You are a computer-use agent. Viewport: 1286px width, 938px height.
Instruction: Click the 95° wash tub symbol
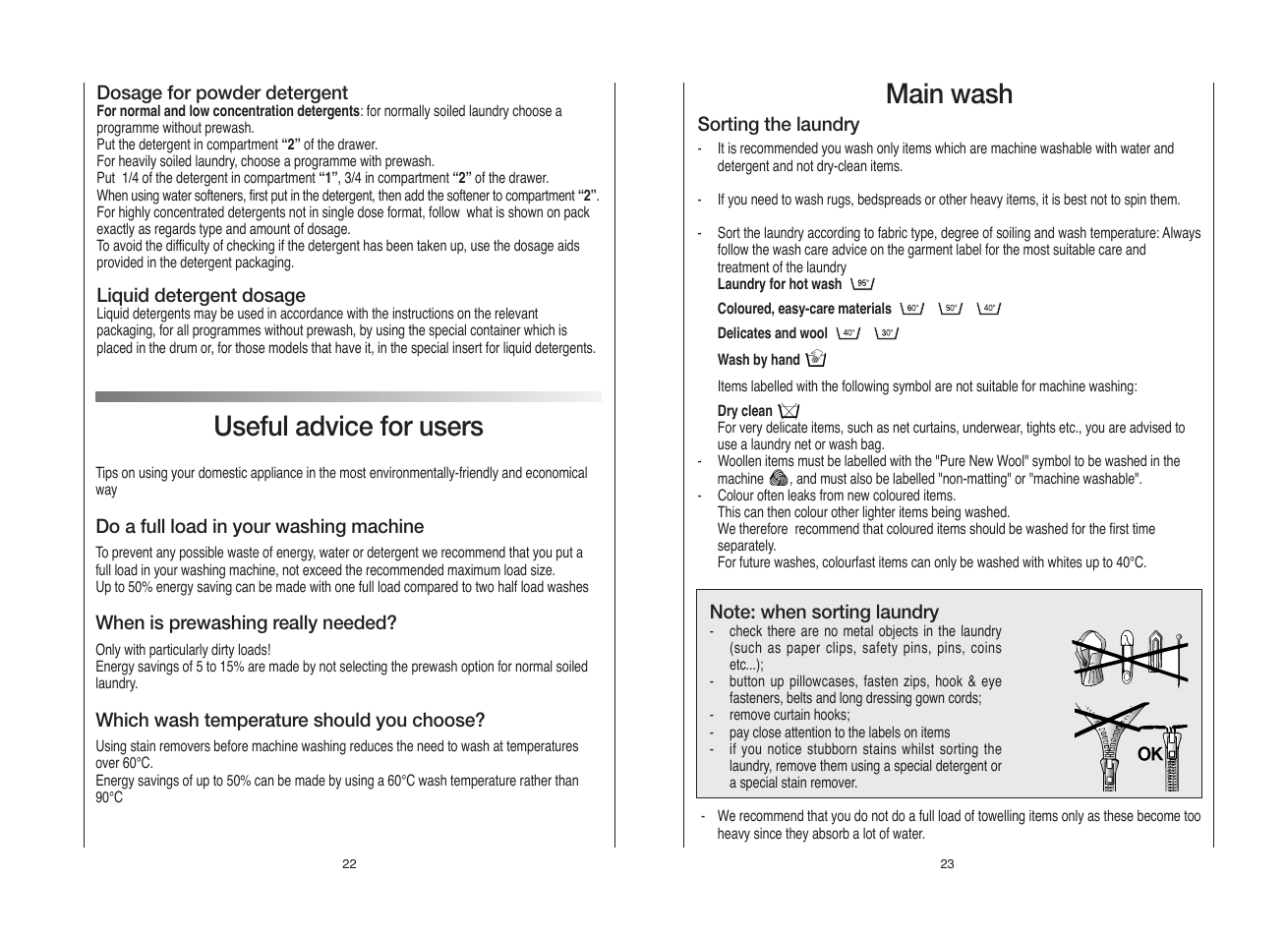(862, 284)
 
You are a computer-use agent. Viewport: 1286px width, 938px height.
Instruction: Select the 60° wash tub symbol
(912, 309)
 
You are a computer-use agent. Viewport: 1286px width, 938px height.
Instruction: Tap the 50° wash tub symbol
(951, 309)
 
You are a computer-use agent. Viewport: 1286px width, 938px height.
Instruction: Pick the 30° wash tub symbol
(887, 333)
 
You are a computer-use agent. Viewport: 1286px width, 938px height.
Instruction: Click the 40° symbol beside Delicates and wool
(848, 333)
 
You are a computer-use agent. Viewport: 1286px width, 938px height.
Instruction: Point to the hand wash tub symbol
(815, 360)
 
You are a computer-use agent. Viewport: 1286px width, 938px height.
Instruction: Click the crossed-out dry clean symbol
(788, 411)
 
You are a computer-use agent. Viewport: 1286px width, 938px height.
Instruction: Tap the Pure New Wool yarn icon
(779, 479)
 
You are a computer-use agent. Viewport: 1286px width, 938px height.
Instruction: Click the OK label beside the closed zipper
(1149, 754)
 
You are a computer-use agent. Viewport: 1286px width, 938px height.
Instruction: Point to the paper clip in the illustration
(1155, 654)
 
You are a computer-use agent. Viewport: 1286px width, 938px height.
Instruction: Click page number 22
(349, 864)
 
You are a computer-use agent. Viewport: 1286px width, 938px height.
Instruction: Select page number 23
(947, 864)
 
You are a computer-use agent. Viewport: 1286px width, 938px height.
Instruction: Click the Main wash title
(948, 94)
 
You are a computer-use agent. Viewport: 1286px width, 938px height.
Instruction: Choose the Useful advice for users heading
(348, 427)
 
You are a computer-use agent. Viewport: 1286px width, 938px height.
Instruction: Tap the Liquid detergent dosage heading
(201, 295)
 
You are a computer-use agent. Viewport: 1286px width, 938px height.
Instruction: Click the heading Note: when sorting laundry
(824, 612)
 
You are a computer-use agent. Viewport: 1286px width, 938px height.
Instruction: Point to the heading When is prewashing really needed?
(246, 622)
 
